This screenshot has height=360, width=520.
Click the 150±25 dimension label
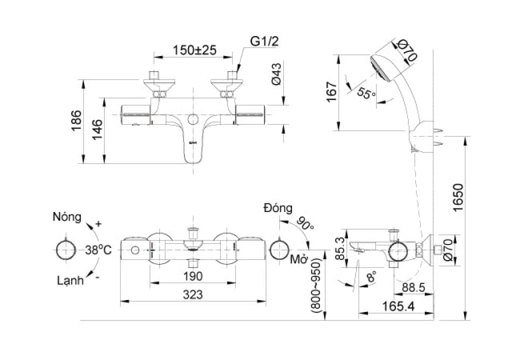(194, 50)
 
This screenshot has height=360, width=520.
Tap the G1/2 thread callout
(264, 41)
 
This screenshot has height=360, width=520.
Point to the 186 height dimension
(76, 120)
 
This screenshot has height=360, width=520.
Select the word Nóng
(66, 217)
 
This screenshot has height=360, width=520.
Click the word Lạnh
(69, 280)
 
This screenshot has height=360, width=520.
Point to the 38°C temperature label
(98, 249)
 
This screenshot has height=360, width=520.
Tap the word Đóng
(278, 208)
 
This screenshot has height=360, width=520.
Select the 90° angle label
(305, 223)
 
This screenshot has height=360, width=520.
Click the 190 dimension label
(192, 276)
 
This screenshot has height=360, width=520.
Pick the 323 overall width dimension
(192, 295)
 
